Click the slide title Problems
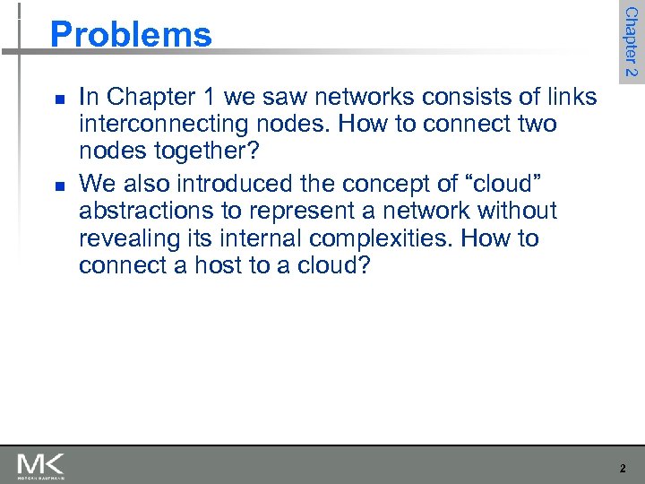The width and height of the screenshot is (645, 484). coord(131,35)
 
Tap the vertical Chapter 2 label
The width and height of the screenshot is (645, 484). coord(631,41)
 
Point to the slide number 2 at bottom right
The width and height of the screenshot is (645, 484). coord(623,468)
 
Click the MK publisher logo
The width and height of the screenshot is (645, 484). coord(40,465)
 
